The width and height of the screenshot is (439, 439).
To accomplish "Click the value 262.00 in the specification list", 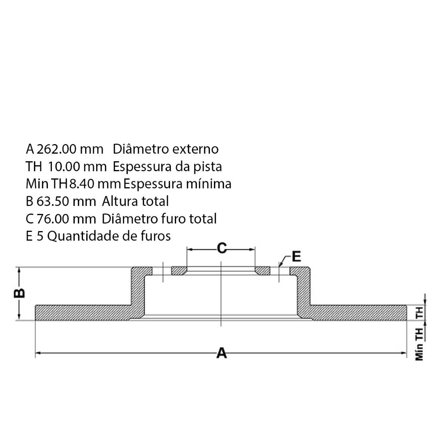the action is pos(56,149).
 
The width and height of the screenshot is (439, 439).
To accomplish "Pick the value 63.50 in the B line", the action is pos(53,202).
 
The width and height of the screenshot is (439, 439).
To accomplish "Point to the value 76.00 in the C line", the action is pos(53,219).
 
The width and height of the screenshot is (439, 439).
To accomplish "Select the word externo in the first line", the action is pos(196,149).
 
